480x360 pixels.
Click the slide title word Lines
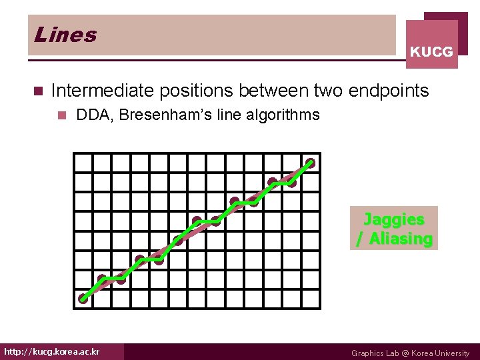(65, 35)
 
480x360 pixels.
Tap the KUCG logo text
(431, 51)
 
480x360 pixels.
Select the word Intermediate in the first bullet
(102, 90)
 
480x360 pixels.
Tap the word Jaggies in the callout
(394, 219)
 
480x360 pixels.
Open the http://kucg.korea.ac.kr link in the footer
(52, 351)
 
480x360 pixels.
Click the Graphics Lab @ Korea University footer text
(410, 353)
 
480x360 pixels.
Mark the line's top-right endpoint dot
(311, 162)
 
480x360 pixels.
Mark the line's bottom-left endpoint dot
(83, 298)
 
